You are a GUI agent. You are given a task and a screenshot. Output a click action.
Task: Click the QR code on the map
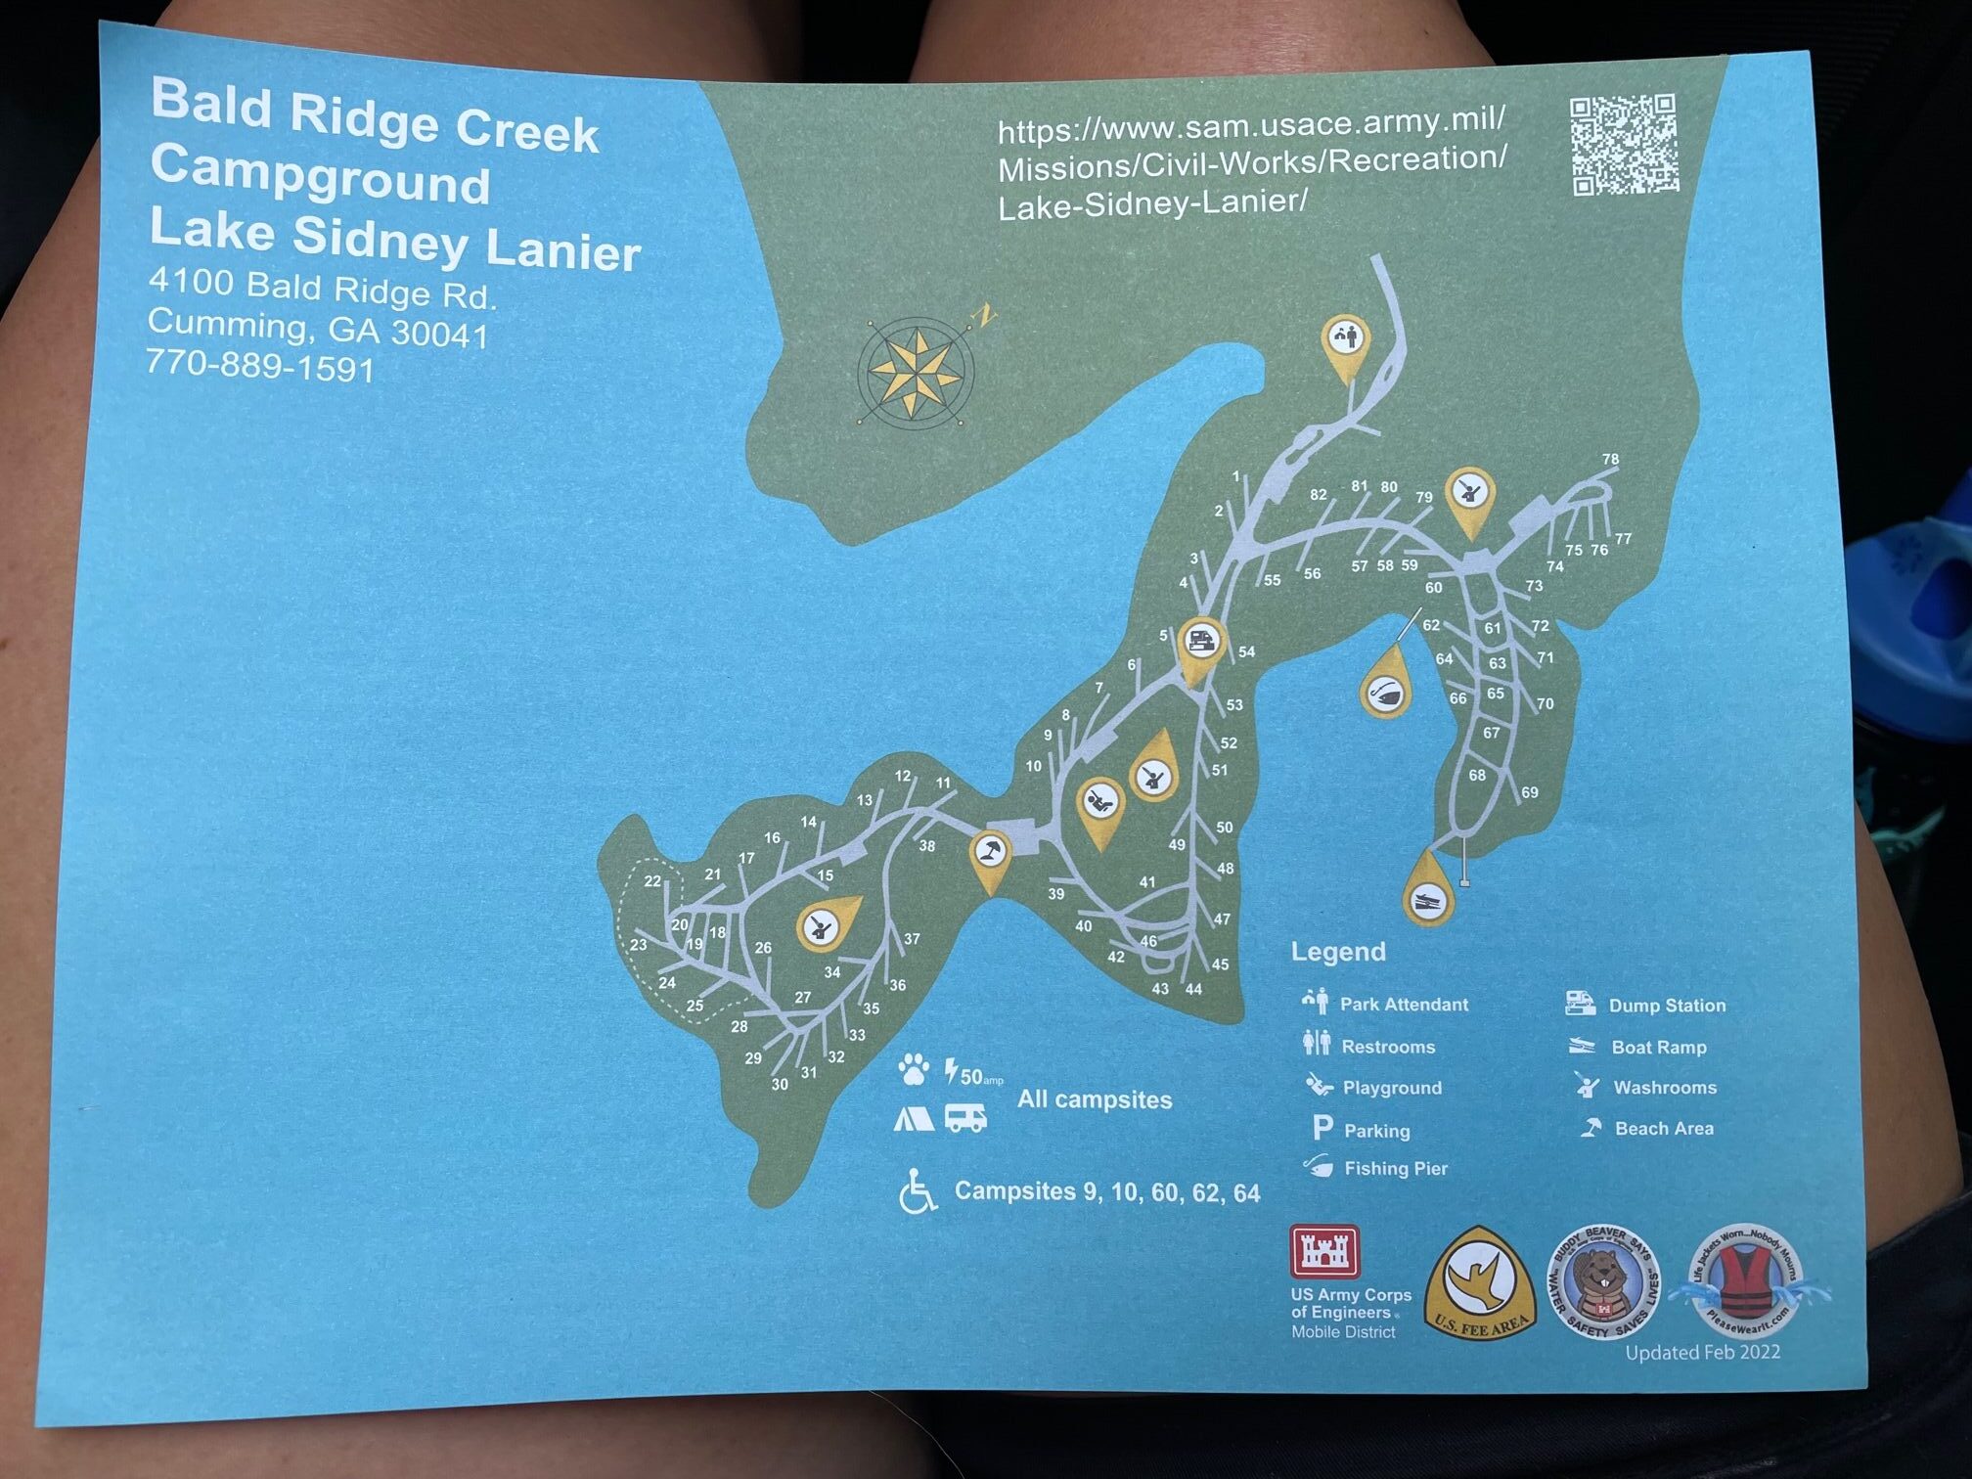pyautogui.click(x=1624, y=145)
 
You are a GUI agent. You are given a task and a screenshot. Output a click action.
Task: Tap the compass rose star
pyautogui.click(x=916, y=372)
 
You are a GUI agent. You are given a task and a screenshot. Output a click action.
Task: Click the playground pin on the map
pyautogui.click(x=1100, y=805)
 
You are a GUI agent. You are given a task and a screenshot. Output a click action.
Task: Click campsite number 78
pyautogui.click(x=1610, y=459)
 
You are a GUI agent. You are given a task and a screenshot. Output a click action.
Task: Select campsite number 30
pyautogui.click(x=779, y=1084)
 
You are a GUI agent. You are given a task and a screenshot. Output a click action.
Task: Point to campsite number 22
pyautogui.click(x=652, y=880)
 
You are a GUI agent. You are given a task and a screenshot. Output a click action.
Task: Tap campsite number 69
pyautogui.click(x=1529, y=792)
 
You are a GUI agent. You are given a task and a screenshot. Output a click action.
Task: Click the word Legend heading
pyautogui.click(x=1337, y=951)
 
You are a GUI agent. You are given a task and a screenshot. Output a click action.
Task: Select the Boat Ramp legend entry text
pyautogui.click(x=1658, y=1047)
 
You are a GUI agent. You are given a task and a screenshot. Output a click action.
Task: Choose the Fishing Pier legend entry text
pyautogui.click(x=1395, y=1168)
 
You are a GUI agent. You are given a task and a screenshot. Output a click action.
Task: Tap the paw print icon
pyautogui.click(x=914, y=1069)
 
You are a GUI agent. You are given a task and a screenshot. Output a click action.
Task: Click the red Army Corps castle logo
pyautogui.click(x=1324, y=1251)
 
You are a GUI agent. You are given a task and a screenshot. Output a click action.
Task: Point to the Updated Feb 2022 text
pyautogui.click(x=1702, y=1352)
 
